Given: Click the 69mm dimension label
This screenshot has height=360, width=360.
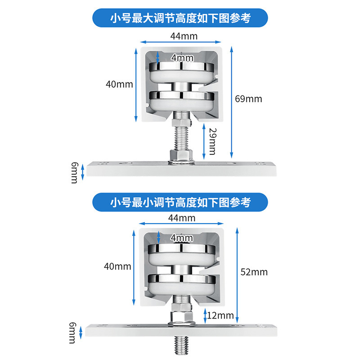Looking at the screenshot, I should pos(248,99).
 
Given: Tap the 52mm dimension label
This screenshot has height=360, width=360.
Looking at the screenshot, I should pos(254,272).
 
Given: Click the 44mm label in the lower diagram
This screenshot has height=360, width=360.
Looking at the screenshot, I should pos(182,218).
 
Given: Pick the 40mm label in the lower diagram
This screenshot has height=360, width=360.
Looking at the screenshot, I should pos(117,266).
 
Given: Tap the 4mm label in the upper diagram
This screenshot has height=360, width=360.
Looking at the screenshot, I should pos(182,58).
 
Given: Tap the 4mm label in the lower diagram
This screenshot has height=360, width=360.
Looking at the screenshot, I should pos(182,238).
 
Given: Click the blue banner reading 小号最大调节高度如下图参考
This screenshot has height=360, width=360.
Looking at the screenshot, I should pos(180,18).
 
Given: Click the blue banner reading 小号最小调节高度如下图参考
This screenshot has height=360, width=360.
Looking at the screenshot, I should pos(180,202).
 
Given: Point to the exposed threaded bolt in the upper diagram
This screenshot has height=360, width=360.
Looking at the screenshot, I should pos(181,139).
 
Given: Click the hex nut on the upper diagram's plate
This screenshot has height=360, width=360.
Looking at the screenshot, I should pos(181,156).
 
